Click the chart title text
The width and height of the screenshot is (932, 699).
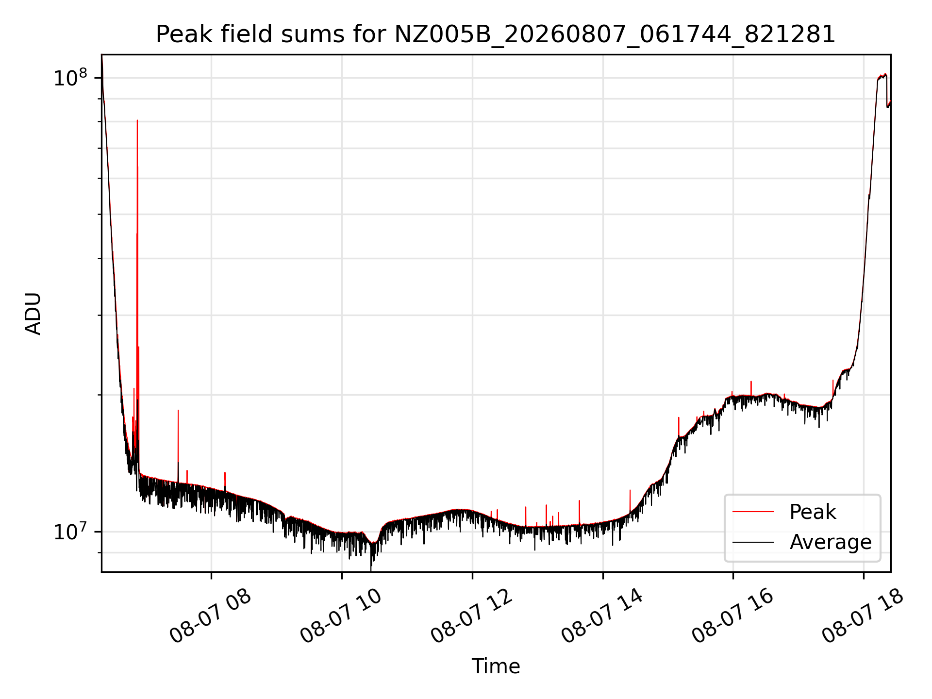click(496, 35)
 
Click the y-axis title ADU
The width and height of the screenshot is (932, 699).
click(33, 314)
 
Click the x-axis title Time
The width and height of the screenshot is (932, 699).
click(496, 666)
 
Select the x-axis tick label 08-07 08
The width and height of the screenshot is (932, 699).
click(210, 616)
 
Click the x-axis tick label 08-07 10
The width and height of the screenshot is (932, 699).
click(341, 616)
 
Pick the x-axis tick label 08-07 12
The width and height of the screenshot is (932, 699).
click(471, 616)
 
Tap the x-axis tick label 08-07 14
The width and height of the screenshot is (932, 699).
click(602, 616)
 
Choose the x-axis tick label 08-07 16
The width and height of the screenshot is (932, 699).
click(732, 616)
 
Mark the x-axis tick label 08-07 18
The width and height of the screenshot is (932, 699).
click(863, 616)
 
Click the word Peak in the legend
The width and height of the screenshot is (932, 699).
click(813, 512)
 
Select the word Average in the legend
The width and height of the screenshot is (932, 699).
click(831, 542)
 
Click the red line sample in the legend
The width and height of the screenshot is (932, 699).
click(753, 512)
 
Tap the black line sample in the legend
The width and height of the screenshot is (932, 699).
click(753, 542)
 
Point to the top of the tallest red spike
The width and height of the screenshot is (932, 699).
click(137, 120)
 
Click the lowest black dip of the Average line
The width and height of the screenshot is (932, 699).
click(371, 570)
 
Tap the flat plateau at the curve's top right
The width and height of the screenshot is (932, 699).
click(882, 76)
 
